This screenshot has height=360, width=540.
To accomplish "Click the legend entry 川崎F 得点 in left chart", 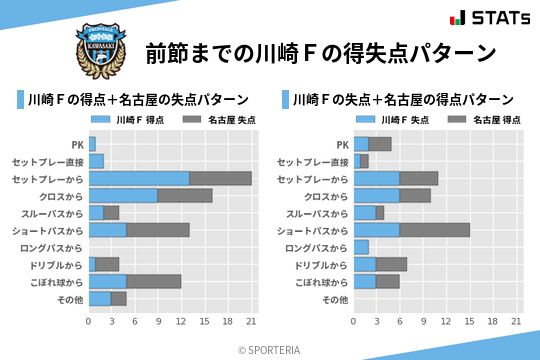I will tap(127, 120).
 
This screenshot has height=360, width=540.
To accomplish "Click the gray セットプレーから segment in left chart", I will tap(220, 178).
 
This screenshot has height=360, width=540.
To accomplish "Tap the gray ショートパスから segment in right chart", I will tap(435, 230).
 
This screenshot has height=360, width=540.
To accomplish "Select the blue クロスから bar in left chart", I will tap(123, 196).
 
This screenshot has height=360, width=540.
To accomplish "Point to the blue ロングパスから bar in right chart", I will tap(362, 247).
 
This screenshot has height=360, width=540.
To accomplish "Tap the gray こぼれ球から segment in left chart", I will tap(154, 281).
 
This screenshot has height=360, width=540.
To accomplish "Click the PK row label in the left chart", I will tap(77, 144).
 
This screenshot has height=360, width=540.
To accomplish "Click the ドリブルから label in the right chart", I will tap(316, 264).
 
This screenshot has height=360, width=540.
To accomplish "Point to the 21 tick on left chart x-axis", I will tap(251, 322).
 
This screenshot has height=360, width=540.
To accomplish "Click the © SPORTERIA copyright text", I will tap(270, 349).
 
